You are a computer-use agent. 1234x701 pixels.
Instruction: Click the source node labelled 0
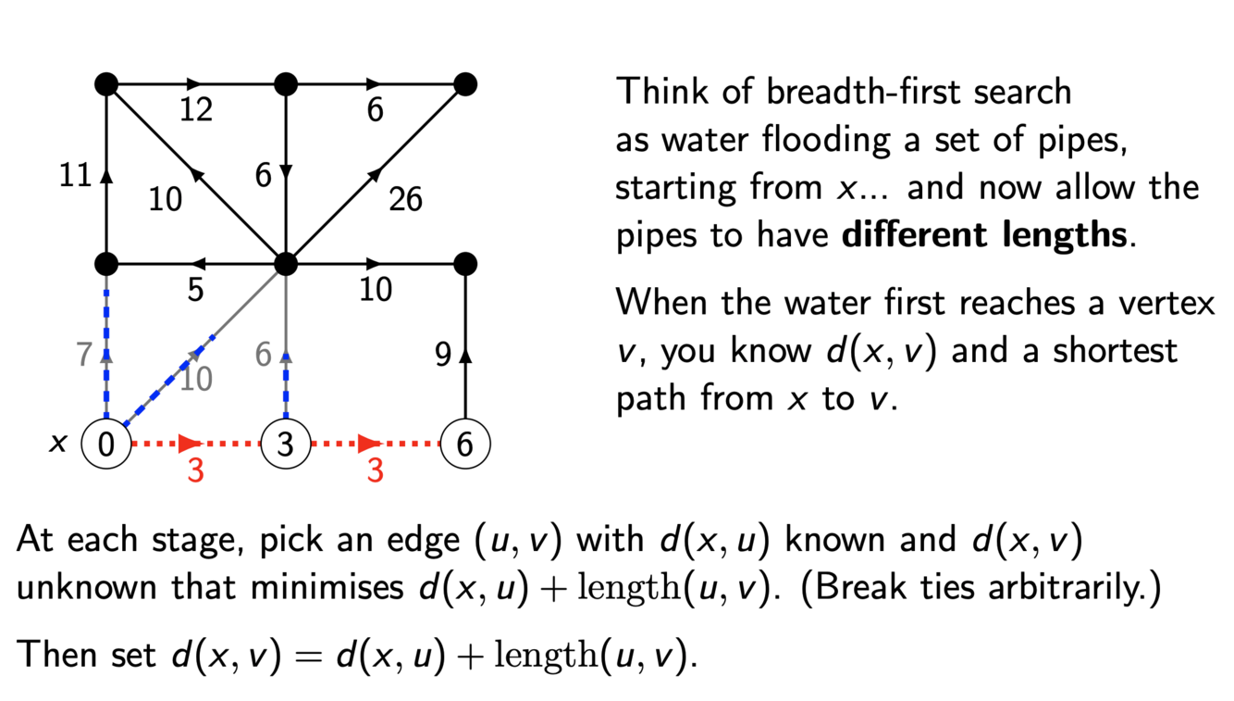coord(107,444)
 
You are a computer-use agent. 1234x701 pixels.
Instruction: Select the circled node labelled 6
coord(465,444)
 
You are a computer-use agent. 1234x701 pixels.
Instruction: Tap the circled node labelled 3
coord(286,444)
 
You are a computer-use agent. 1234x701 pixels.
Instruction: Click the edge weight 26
coord(405,198)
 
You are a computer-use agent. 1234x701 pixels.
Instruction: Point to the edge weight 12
coord(196,110)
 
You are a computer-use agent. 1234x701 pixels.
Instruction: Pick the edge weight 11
coord(76,175)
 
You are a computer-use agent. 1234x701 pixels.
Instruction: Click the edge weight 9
coord(444,354)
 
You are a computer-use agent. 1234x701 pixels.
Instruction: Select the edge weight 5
coord(195,290)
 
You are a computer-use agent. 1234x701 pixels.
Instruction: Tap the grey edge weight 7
coord(84,354)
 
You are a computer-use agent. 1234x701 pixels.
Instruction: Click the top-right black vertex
coord(465,85)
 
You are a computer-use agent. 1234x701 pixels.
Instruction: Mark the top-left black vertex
coord(107,85)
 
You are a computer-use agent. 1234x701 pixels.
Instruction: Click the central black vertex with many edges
coord(286,264)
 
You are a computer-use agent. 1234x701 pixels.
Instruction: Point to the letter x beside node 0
coord(57,444)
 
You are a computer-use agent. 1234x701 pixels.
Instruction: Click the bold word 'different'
coord(917,234)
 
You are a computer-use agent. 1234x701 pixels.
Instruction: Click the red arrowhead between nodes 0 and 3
coord(189,444)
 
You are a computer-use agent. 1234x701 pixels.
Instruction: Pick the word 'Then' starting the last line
coord(57,655)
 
